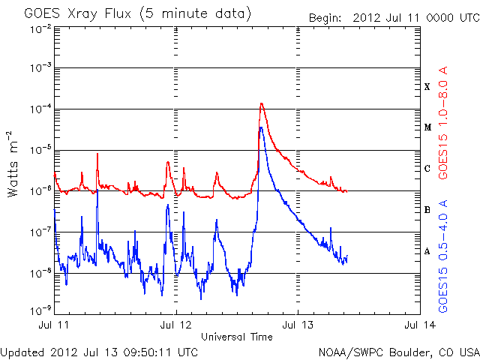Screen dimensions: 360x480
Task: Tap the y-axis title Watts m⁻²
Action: click(x=14, y=163)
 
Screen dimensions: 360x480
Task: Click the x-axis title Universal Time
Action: click(x=237, y=337)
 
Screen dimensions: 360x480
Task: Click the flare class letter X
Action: click(x=427, y=87)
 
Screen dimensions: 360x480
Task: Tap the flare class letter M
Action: click(x=427, y=127)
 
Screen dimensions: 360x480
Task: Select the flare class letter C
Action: click(x=427, y=169)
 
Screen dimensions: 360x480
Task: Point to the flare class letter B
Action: click(x=427, y=210)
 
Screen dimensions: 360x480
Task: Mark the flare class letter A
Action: click(x=427, y=251)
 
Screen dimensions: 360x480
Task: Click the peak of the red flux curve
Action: click(x=261, y=103)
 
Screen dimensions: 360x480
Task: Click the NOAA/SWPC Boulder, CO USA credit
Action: click(x=398, y=352)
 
